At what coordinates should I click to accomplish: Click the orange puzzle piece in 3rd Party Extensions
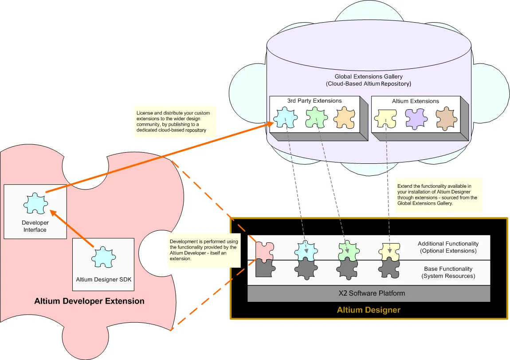click(344, 119)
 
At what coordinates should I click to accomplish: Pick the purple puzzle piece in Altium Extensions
click(416, 119)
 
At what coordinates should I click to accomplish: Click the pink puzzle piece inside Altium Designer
click(265, 250)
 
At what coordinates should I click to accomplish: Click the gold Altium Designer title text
click(369, 310)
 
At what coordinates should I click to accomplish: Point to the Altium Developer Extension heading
click(90, 301)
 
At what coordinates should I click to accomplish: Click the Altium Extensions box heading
click(416, 101)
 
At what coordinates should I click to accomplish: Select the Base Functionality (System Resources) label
click(448, 273)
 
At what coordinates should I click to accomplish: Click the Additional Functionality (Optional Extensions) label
click(448, 247)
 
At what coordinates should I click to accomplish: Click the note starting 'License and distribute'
click(173, 121)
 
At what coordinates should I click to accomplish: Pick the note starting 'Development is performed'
click(204, 250)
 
